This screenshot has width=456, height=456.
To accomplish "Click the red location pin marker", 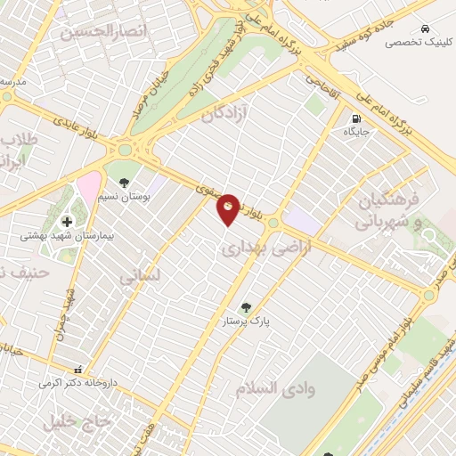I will [x=229, y=208].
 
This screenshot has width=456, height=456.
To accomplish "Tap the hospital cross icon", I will [x=67, y=221].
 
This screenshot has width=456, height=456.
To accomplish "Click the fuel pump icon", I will [x=357, y=118].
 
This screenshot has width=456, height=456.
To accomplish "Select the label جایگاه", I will [x=357, y=132].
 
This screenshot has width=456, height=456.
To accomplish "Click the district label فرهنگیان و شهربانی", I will [x=387, y=210].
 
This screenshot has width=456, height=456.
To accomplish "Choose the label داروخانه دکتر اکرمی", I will [x=77, y=383].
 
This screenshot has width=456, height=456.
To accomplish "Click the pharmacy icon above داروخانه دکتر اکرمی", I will [x=77, y=369].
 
